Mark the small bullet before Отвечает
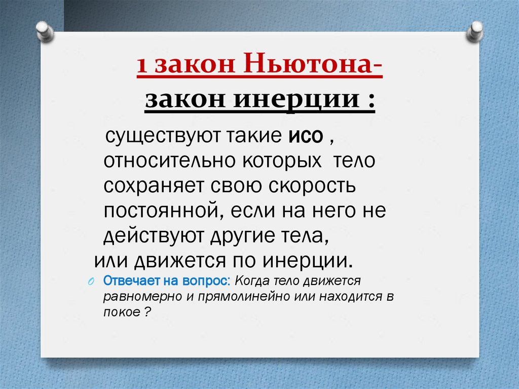point(91,282)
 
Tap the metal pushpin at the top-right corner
point(476,31)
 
